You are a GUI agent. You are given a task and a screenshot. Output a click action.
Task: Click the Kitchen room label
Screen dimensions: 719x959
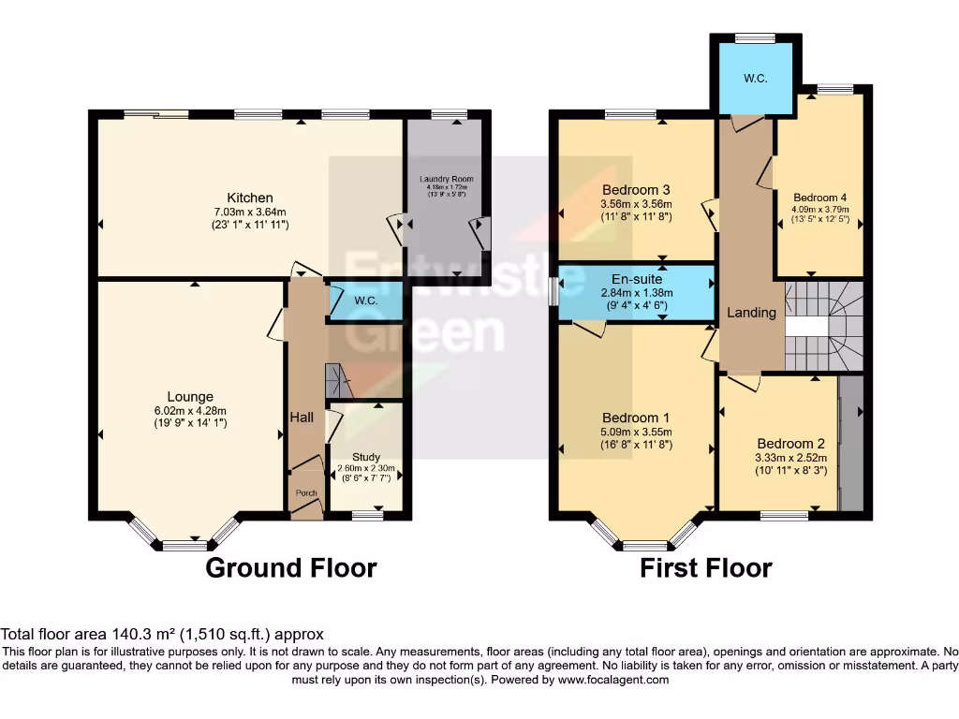[250, 198]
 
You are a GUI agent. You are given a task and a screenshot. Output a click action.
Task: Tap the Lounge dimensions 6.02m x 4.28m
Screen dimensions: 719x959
[191, 410]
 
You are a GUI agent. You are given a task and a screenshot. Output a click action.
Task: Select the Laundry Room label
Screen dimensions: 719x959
[446, 179]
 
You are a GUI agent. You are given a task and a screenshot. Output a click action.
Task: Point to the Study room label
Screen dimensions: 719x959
[366, 457]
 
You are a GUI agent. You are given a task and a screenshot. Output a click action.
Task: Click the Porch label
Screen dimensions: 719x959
[306, 493]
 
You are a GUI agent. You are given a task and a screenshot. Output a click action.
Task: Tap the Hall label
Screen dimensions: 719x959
[302, 418]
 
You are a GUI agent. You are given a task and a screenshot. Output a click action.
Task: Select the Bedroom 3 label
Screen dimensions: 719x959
[637, 189]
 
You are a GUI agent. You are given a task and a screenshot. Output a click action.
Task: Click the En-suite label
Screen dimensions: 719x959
[637, 279]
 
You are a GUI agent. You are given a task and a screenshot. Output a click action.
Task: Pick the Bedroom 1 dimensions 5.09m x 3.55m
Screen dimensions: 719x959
[636, 431]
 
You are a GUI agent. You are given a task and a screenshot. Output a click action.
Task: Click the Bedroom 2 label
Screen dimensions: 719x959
[790, 443]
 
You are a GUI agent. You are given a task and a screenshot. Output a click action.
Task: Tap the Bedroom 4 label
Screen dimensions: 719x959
[819, 198]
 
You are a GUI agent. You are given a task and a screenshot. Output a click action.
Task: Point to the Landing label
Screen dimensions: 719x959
[752, 313]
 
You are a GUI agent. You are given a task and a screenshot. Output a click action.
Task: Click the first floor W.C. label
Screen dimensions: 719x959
[756, 79]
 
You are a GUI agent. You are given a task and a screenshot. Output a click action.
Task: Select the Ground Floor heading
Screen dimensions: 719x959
[290, 567]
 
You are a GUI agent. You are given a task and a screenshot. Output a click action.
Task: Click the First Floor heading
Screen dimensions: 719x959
[706, 567]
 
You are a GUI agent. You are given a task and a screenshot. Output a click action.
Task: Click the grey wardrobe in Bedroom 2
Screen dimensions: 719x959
[850, 443]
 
